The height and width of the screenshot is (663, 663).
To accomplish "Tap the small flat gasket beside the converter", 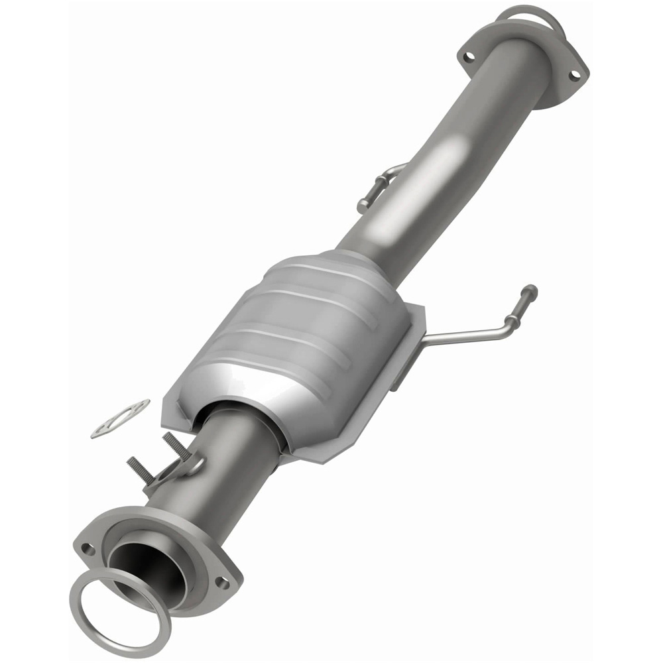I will [x=119, y=418].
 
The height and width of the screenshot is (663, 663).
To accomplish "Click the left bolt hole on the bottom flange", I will [x=88, y=549].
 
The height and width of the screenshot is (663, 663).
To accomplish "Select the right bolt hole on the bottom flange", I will [x=222, y=583].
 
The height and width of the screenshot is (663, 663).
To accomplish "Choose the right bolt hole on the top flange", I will [x=573, y=75].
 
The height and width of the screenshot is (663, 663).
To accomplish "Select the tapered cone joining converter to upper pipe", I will [x=358, y=259].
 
